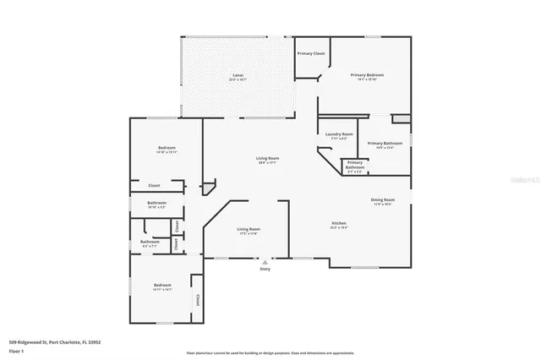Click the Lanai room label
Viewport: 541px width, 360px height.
coord(238,77)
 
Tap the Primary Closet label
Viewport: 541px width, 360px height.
coord(311,53)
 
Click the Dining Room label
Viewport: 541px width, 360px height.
coord(383,201)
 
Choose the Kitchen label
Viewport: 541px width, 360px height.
coord(339,225)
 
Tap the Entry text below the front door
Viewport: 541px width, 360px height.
coord(265,270)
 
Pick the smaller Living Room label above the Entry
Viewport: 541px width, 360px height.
coord(248,230)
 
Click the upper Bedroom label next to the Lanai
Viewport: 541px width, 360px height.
coord(167,150)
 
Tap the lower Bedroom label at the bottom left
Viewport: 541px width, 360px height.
coord(162,286)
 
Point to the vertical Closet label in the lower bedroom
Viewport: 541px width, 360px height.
coord(198,299)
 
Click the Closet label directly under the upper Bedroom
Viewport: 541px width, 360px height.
coord(154,185)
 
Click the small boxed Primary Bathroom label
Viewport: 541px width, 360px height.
coord(355,165)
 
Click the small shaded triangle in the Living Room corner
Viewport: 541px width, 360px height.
coord(209,185)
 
